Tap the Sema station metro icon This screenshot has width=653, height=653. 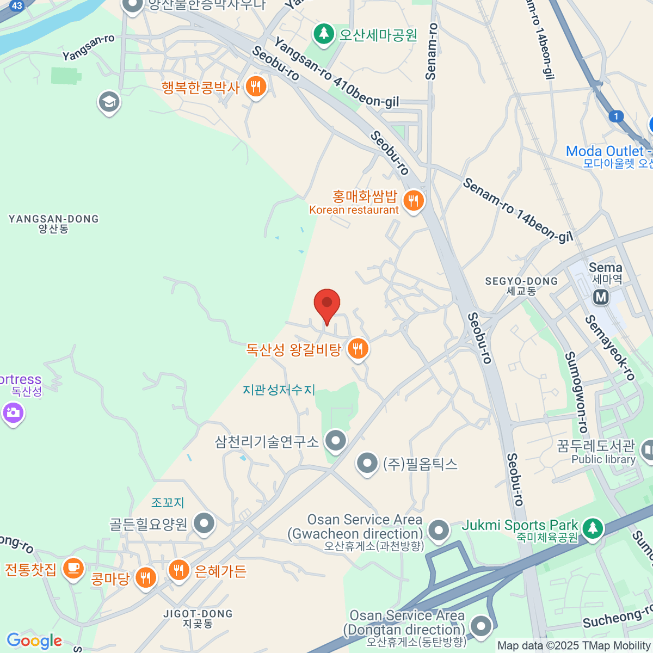(x=601, y=297)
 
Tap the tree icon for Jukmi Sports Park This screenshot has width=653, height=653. (x=592, y=527)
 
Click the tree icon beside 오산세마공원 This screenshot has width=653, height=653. (x=324, y=34)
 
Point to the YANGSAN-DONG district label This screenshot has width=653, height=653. (x=53, y=223)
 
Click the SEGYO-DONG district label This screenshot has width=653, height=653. (x=521, y=285)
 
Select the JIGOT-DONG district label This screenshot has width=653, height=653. (x=198, y=618)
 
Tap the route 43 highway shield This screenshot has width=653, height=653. (x=16, y=5)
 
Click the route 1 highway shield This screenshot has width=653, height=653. (x=616, y=116)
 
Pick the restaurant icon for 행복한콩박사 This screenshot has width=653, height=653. (x=255, y=86)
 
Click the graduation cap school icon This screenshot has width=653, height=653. (x=109, y=101)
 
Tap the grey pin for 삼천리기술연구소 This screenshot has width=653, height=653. (x=336, y=440)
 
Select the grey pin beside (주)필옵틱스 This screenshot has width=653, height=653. (x=367, y=464)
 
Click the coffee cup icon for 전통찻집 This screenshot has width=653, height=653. (x=72, y=569)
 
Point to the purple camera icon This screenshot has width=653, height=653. (x=13, y=412)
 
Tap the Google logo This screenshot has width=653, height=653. (x=34, y=640)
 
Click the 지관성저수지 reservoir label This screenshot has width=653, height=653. (x=279, y=390)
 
